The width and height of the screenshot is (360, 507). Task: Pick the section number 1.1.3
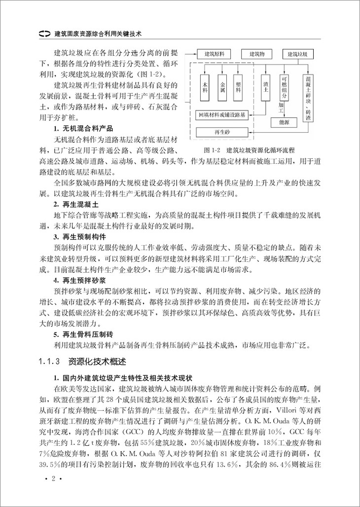click(49, 361)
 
